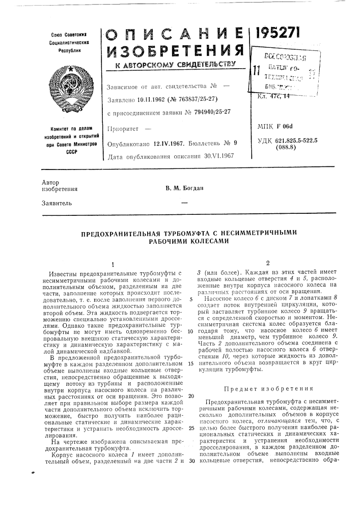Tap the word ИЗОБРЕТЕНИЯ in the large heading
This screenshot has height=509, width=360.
pyautogui.click(x=174, y=50)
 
